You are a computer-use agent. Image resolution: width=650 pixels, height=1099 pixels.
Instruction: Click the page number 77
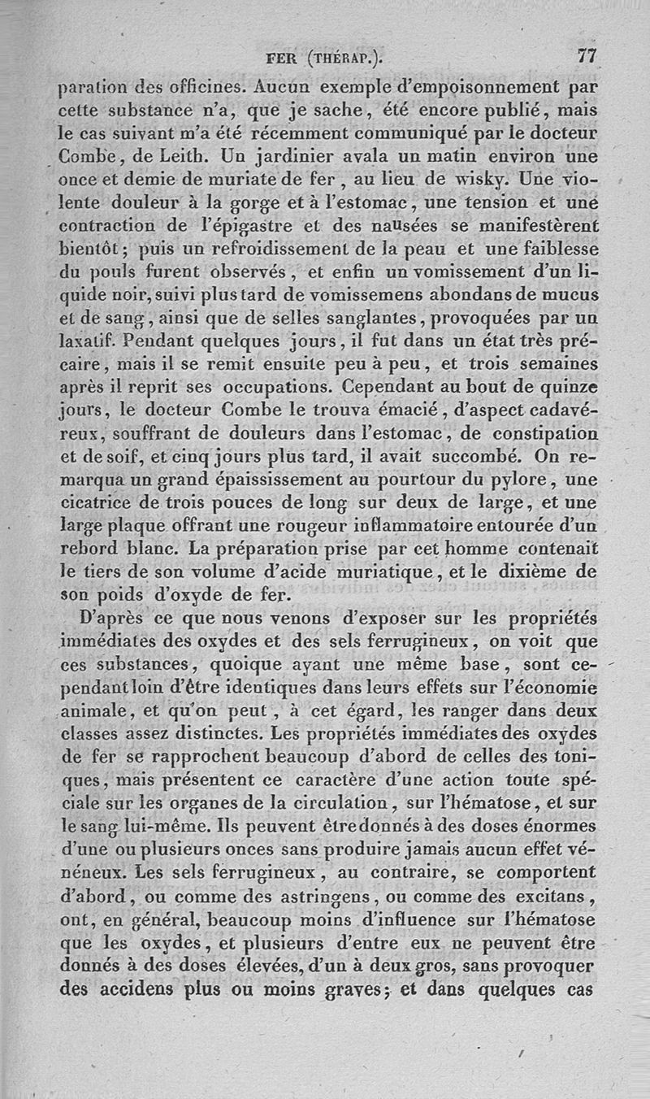(587, 56)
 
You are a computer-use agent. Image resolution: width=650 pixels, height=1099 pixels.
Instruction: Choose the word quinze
(568, 386)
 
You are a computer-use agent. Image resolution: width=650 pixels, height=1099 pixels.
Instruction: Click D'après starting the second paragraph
(111, 619)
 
